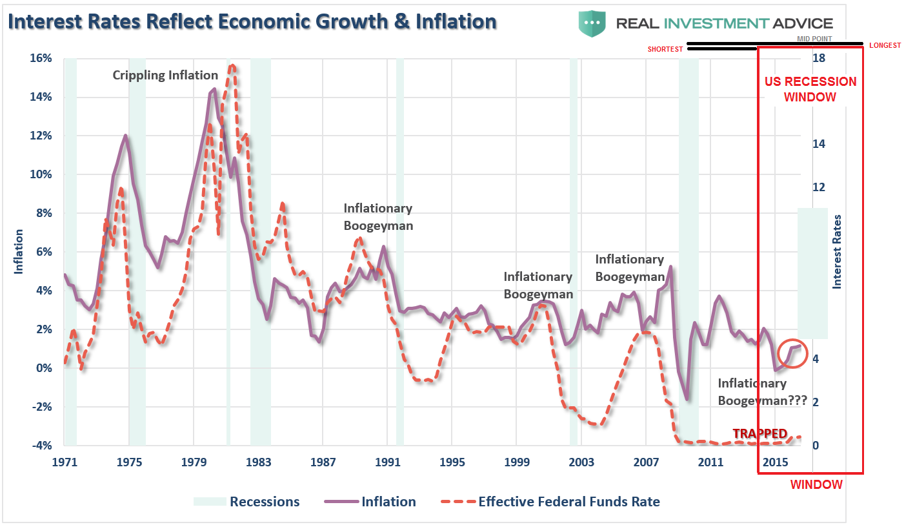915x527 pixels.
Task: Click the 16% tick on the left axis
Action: [41, 58]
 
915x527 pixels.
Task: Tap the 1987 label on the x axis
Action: [323, 462]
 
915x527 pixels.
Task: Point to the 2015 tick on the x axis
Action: [776, 462]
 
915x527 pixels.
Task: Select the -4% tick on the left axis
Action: [40, 446]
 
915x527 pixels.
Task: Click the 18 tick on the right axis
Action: [819, 58]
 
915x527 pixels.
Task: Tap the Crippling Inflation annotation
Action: [165, 75]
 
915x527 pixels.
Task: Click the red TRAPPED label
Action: [759, 433]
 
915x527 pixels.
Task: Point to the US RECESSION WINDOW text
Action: [810, 90]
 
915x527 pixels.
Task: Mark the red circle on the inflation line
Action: [793, 354]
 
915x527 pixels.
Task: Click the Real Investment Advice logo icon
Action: [592, 24]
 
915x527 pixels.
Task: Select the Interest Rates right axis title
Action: [837, 251]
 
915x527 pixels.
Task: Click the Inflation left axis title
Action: [19, 251]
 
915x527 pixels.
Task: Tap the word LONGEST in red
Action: [885, 45]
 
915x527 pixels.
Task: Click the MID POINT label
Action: [814, 39]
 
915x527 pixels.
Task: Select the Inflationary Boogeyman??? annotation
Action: [761, 392]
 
